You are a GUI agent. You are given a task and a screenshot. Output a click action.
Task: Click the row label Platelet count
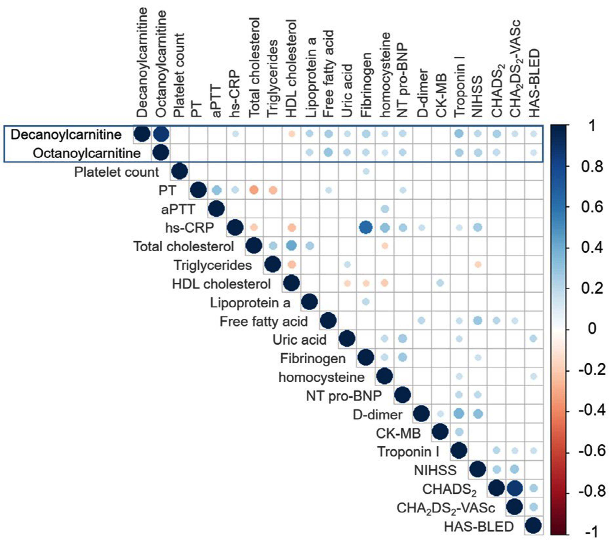pos(117,172)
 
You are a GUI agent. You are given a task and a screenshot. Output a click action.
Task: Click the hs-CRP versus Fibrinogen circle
pos(366,228)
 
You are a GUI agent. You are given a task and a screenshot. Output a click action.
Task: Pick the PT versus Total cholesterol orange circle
pos(254,190)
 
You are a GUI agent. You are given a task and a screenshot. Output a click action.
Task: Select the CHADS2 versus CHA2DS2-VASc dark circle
pos(515,488)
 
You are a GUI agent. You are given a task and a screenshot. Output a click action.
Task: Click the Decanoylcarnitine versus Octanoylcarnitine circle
pos(160,134)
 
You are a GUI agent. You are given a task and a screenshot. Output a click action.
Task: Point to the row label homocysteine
pos(321,377)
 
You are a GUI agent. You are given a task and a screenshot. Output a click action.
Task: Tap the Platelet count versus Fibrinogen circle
pos(366,172)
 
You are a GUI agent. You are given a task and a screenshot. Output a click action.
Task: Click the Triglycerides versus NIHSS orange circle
pos(478,265)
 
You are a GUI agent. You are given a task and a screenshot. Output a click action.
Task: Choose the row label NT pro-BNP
pos(344,396)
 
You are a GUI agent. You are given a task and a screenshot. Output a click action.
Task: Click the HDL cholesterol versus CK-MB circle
pos(440,283)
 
